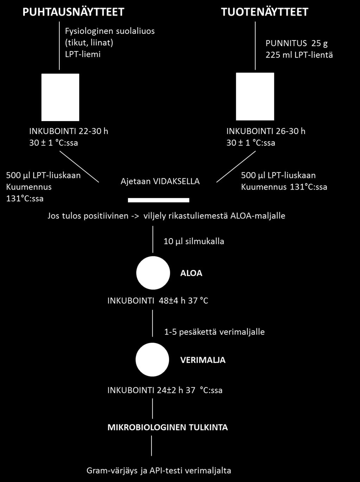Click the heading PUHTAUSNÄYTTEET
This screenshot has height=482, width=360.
tap(73, 12)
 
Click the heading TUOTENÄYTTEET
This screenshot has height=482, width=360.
tap(265, 12)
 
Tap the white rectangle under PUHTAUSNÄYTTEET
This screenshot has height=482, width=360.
tap(60, 97)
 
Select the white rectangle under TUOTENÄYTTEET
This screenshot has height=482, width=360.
tap(255, 97)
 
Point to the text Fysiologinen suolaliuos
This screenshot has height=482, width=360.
tap(110, 31)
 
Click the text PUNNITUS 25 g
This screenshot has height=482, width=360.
tap(297, 43)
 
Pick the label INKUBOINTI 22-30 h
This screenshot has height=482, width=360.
tap(69, 131)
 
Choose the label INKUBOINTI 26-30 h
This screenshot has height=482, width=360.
tap(266, 131)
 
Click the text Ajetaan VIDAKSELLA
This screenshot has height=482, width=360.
tap(160, 182)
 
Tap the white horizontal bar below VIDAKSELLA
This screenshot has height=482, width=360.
tap(159, 200)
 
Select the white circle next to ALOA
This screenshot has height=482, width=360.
tap(153, 273)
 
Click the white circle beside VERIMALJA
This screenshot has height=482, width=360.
tap(152, 360)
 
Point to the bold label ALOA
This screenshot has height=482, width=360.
tap(191, 273)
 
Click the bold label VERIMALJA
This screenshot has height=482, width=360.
tap(203, 360)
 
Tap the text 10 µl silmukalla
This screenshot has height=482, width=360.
tap(194, 242)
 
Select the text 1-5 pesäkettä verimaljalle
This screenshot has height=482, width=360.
tap(214, 332)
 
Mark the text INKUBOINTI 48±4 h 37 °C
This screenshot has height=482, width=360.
tap(158, 300)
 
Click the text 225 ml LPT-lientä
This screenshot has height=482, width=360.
tap(299, 55)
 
